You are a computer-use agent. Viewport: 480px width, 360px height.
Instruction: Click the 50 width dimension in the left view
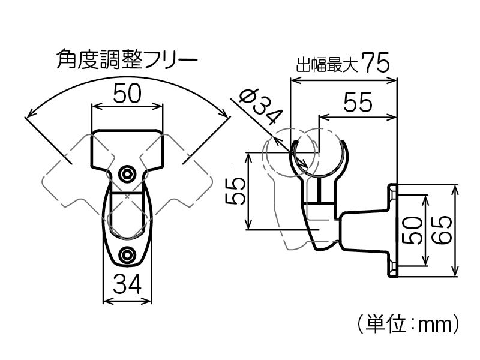point(127,94)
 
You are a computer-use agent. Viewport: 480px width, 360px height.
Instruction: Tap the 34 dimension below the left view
point(127,284)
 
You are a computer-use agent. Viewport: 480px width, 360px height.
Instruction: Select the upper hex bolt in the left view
point(127,174)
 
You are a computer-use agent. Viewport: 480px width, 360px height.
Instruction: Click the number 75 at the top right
point(376,63)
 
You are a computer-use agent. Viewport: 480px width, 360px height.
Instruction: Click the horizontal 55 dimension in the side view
point(358,103)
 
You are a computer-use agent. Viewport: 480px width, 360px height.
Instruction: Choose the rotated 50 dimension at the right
point(412,230)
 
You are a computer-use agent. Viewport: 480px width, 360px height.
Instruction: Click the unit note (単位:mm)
point(407,325)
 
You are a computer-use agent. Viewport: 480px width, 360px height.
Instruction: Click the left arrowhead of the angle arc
point(29,115)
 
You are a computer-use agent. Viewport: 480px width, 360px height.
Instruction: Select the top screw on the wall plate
point(392,194)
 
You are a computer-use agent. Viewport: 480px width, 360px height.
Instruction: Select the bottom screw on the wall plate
point(392,265)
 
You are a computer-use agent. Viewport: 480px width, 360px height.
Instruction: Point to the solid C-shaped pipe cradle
point(320,159)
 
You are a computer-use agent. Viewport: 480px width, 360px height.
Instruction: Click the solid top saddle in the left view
point(127,148)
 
